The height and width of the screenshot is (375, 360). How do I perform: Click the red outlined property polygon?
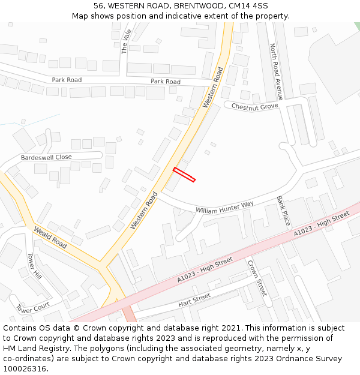pyautogui.click(x=184, y=174)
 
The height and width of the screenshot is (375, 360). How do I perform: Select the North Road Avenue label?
pyautogui.click(x=275, y=63)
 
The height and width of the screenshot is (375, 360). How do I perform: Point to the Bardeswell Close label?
pyautogui.click(x=46, y=157)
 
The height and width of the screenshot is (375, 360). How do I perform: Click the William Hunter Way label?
pyautogui.click(x=224, y=207)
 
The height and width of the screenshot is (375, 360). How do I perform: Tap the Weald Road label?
pyautogui.click(x=50, y=238)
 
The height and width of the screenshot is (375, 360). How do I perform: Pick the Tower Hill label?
pyautogui.click(x=34, y=266)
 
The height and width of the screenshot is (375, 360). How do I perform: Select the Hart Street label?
pyautogui.click(x=194, y=301)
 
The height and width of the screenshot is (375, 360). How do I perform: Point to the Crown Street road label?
pyautogui.click(x=257, y=278)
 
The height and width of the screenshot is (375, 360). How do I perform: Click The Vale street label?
pyautogui.click(x=126, y=41)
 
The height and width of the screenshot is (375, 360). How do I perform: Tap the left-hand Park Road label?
pyautogui.click(x=67, y=80)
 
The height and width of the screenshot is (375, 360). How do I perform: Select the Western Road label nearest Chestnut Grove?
pyautogui.click(x=213, y=88)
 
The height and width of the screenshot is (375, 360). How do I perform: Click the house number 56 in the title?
pyautogui.click(x=98, y=5)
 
